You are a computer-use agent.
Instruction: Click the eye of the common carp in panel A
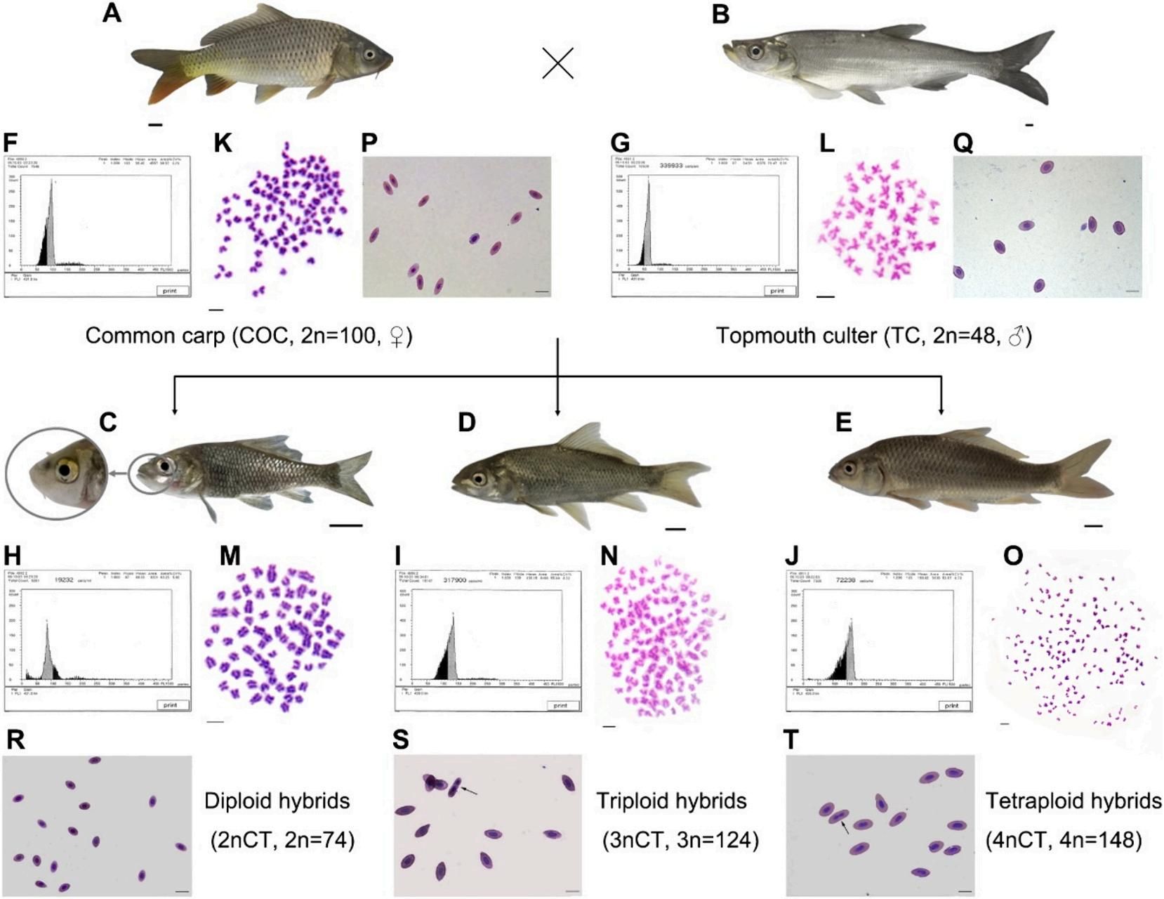368,55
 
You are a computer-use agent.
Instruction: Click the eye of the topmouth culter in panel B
755,51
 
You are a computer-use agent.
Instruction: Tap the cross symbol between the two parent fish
558,63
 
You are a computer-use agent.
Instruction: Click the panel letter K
223,143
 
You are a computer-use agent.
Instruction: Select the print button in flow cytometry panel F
170,290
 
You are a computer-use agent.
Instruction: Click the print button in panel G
777,290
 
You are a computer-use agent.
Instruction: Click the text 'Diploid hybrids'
277,801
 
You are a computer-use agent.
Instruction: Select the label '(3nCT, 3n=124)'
680,840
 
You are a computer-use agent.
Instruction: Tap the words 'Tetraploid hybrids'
1073,801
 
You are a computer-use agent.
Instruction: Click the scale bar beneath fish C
345,525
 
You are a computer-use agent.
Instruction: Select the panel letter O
1013,556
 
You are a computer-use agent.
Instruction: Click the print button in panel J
952,705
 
